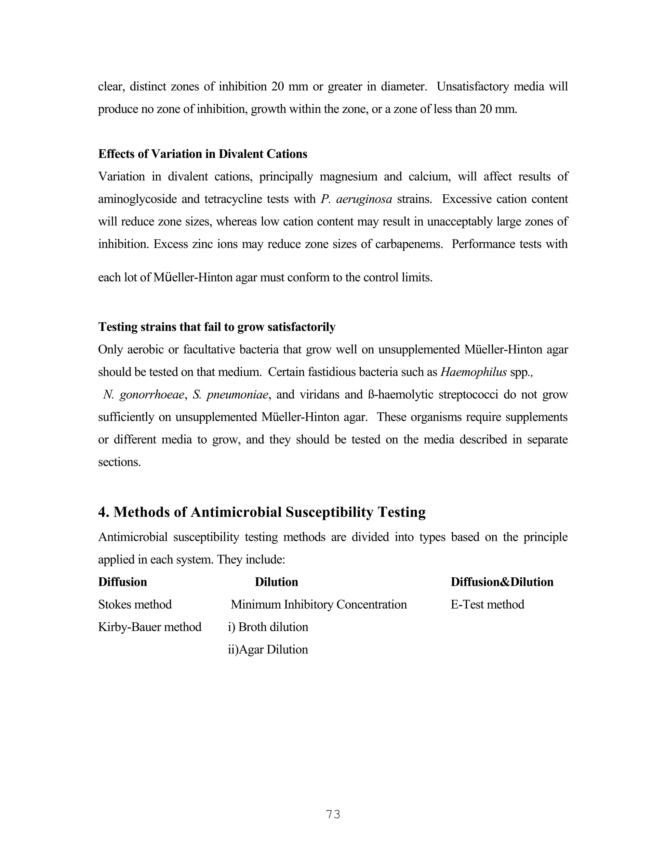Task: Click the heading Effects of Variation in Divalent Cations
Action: tap(202, 154)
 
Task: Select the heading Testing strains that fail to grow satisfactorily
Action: tap(217, 327)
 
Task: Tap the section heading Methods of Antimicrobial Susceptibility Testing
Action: tap(261, 512)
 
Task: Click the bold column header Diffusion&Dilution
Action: tap(502, 582)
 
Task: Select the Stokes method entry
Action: tap(135, 604)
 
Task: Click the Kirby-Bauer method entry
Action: tap(150, 627)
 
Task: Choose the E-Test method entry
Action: tap(487, 604)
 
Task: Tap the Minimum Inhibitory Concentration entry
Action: tap(319, 604)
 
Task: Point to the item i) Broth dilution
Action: tap(268, 627)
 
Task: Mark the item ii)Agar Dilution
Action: tap(268, 649)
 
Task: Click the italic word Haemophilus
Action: tap(473, 372)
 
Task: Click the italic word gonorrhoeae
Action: tap(152, 395)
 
